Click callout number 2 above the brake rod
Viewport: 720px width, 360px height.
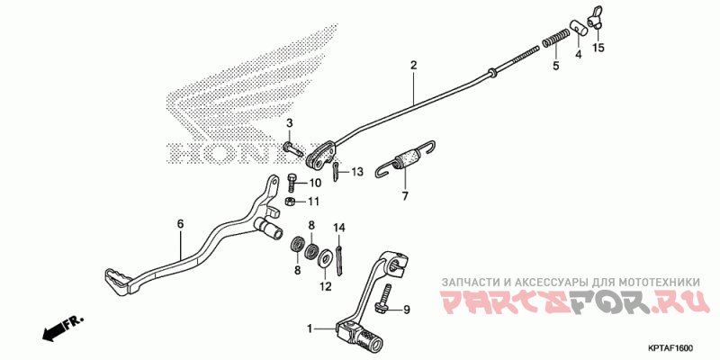pyautogui.click(x=413, y=66)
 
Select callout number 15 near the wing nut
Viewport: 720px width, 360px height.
pyautogui.click(x=598, y=47)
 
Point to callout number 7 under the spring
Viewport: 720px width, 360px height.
pyautogui.click(x=405, y=195)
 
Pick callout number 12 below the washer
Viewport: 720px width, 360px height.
pyautogui.click(x=326, y=287)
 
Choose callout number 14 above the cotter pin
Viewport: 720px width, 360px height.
pyautogui.click(x=340, y=227)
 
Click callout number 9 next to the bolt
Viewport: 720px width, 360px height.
pyautogui.click(x=405, y=310)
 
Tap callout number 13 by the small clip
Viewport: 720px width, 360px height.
pyautogui.click(x=357, y=171)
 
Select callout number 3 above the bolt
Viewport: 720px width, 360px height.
pyautogui.click(x=290, y=123)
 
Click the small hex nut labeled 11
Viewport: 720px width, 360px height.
pyautogui.click(x=291, y=202)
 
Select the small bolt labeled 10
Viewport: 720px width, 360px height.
pyautogui.click(x=292, y=180)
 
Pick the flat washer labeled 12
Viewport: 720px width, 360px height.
pyautogui.click(x=323, y=261)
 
